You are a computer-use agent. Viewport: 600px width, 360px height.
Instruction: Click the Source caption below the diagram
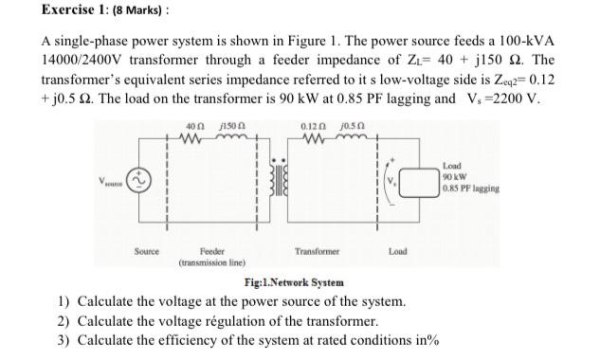pos(146,252)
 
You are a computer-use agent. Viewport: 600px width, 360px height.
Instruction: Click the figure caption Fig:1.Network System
pos(293,281)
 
